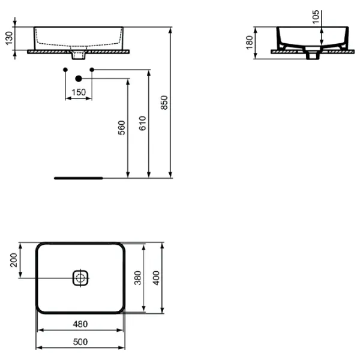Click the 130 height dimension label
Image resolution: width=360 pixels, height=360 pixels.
[x=9, y=38]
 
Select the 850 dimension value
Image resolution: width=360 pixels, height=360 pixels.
[x=164, y=103]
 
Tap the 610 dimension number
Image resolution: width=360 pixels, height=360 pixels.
[x=143, y=123]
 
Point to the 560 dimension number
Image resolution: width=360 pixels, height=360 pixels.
[x=121, y=128]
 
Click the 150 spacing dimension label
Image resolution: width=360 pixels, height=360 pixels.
[x=79, y=92]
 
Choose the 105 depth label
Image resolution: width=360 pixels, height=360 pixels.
[x=316, y=17]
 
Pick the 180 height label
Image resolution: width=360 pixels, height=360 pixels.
[x=250, y=43]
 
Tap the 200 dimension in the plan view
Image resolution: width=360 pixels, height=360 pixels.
[x=14, y=260]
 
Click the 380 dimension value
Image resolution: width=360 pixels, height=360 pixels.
[x=137, y=278]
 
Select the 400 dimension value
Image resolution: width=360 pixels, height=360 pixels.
[x=156, y=278]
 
